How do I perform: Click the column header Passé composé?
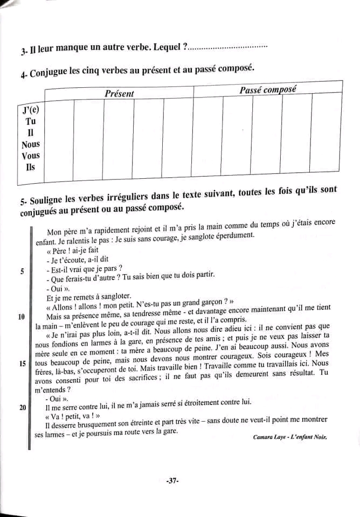267,90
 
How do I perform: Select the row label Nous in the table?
31,144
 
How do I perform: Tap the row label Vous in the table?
31,156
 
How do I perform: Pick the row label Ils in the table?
31,167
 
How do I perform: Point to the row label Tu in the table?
31,121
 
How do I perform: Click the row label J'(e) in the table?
31,110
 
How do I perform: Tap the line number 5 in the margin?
22,271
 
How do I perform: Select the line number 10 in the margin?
22,317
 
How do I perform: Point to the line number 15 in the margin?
23,364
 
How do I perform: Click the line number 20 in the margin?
23,408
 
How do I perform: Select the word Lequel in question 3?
167,48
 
